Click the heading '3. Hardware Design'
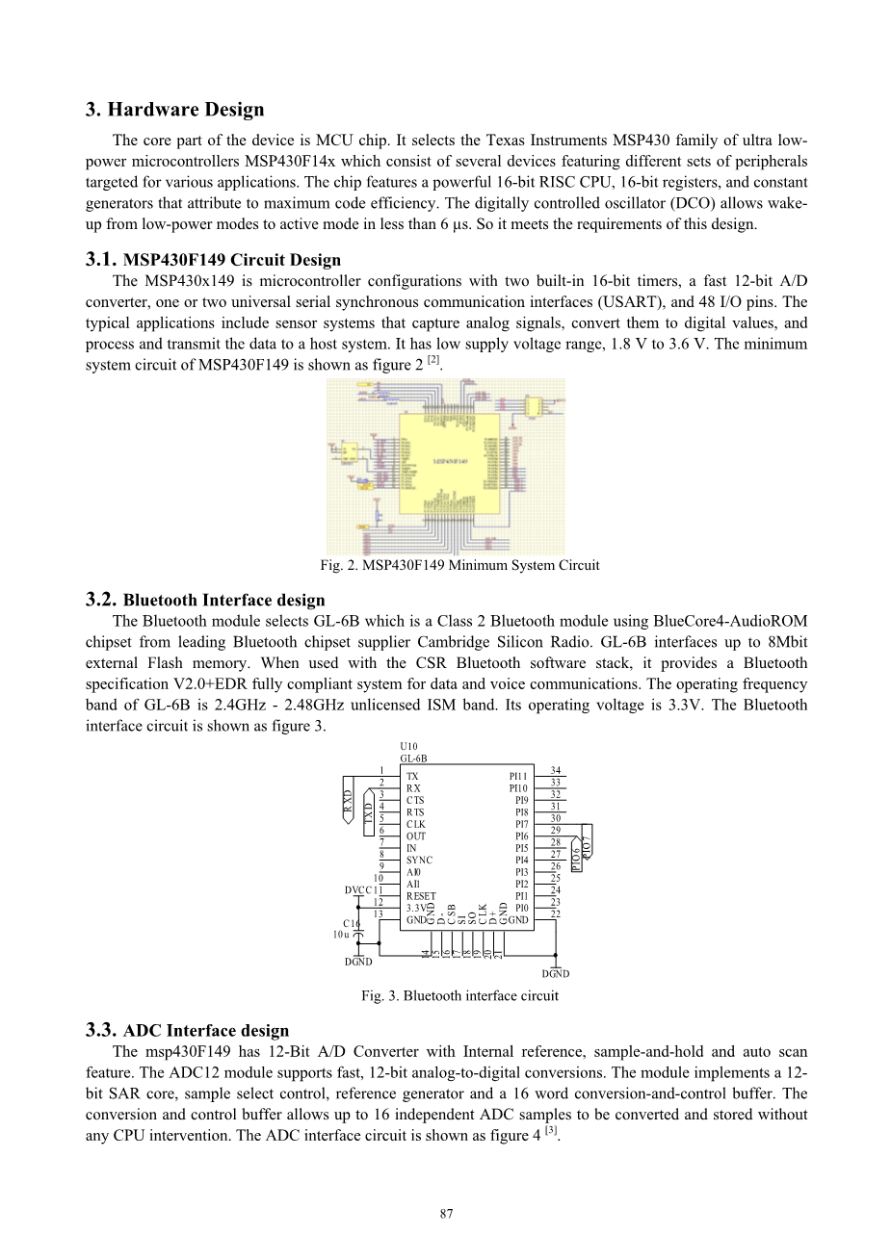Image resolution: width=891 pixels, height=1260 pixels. coord(174,110)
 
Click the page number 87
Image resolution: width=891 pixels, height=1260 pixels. coord(446,1214)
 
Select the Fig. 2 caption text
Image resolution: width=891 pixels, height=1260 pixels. coord(459,565)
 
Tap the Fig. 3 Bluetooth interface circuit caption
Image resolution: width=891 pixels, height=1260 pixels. coord(459,995)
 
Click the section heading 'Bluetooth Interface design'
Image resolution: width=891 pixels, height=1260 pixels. coord(224,601)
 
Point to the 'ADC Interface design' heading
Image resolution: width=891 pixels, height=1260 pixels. coord(206,1031)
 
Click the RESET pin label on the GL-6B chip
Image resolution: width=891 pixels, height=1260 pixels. coord(421,896)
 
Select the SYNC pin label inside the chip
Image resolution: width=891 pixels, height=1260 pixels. coord(419,860)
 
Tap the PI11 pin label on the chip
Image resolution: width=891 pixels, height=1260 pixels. coord(518,776)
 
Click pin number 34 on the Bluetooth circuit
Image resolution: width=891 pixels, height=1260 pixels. coord(556,770)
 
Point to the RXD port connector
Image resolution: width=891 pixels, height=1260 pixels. coord(348,802)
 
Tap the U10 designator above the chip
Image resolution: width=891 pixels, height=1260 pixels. coord(409,746)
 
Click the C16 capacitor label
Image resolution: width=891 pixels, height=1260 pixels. coord(352,922)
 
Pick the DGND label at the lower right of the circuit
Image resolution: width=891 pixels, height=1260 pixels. coord(556,974)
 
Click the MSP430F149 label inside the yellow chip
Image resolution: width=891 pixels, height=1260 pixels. coord(451,462)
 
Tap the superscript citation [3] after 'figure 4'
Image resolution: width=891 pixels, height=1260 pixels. coord(551,1131)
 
